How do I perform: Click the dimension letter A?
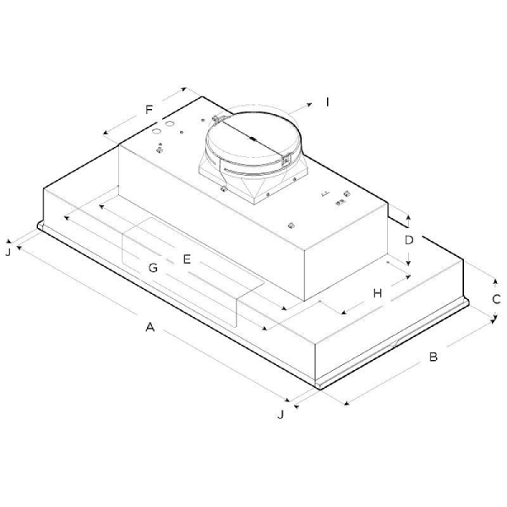point(150,327)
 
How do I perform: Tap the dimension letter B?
point(433,357)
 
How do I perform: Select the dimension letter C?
point(496,299)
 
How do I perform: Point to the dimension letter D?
point(409,240)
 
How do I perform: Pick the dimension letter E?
point(187,259)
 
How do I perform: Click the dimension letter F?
point(149,110)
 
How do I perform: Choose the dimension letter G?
point(153,268)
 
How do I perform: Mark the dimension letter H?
point(378,293)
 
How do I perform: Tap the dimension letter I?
point(328,102)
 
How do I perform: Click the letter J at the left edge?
point(8,252)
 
